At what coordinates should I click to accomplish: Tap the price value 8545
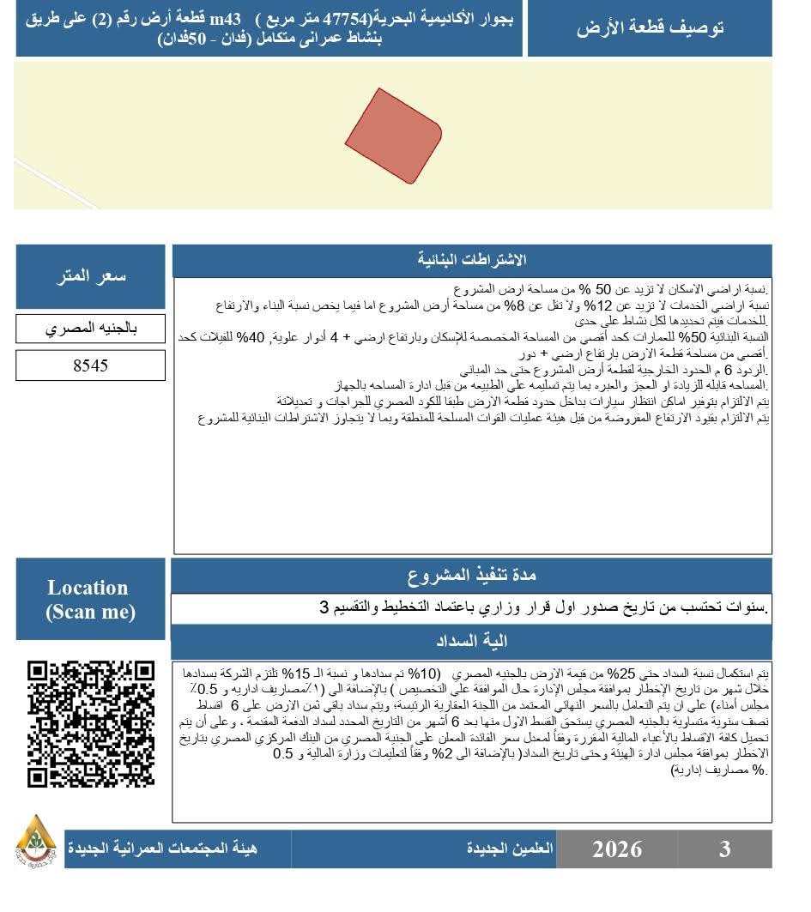[x=90, y=365]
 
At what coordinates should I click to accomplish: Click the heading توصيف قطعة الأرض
[x=650, y=27]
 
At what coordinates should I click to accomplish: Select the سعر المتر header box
[x=90, y=277]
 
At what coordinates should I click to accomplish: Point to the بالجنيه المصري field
[x=90, y=329]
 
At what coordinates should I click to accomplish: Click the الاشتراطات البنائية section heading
[x=472, y=260]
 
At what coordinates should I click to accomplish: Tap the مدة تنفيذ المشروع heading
[x=472, y=574]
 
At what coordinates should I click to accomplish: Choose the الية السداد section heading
[x=472, y=641]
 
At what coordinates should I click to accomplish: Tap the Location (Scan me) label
[x=88, y=599]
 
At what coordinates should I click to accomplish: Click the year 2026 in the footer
[x=617, y=849]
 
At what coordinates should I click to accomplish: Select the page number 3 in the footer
[x=725, y=849]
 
